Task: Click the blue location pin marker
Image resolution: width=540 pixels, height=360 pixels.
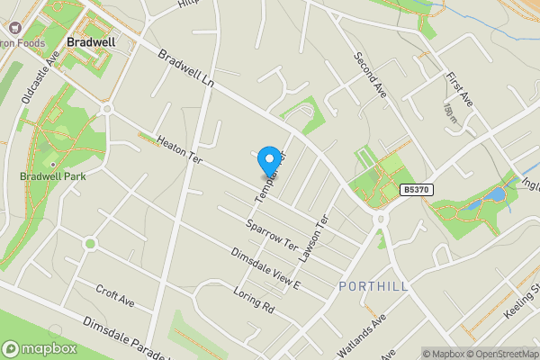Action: tap(267, 161)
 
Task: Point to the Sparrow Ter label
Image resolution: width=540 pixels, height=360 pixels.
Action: tap(271, 231)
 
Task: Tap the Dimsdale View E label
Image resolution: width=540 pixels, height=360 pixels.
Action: tap(264, 269)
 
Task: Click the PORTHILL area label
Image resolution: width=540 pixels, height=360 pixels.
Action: tap(374, 286)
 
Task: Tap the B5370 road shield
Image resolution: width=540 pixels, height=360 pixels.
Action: tap(416, 190)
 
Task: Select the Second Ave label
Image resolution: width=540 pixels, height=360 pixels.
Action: tap(369, 76)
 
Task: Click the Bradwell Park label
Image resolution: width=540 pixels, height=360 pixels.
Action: tap(53, 176)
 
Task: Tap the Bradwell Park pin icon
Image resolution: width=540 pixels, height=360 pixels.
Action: tap(53, 164)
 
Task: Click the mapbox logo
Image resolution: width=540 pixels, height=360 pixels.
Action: tap(39, 349)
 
